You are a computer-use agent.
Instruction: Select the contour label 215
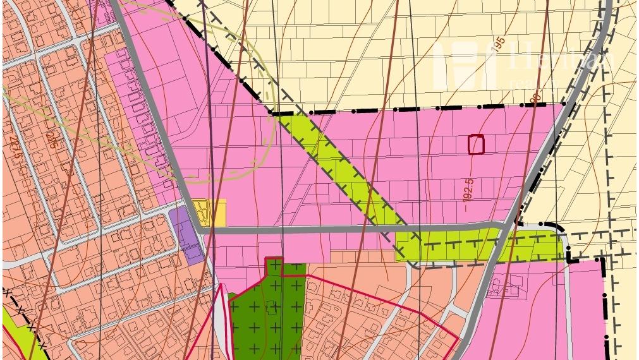click(x=51, y=139)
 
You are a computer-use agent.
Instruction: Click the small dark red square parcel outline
click(x=476, y=145)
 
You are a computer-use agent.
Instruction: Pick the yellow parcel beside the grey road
click(x=209, y=213)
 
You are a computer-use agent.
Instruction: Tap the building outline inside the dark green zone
click(x=272, y=308)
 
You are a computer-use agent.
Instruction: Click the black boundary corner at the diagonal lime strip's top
click(x=271, y=112)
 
